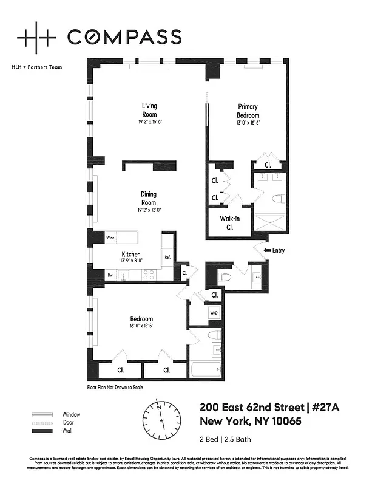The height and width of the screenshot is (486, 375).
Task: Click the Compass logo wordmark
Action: [x=124, y=36]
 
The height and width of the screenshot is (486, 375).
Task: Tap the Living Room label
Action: [x=149, y=109]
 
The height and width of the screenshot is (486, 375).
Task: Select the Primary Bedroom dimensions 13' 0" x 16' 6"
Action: [x=248, y=122]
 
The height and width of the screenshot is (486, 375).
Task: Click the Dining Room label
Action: [x=149, y=199]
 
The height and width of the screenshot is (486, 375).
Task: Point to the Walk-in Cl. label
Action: [x=230, y=223]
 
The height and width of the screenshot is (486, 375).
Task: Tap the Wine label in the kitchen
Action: [x=111, y=238]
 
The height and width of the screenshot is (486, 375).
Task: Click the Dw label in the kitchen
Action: [x=110, y=275]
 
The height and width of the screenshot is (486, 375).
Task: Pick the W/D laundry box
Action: [x=214, y=313]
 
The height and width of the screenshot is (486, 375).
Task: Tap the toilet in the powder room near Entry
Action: [x=225, y=278]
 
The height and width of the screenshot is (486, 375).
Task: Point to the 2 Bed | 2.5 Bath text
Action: [x=225, y=439]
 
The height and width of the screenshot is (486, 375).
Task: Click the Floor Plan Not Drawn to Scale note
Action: [x=115, y=386]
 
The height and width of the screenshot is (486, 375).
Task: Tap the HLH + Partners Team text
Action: [x=38, y=67]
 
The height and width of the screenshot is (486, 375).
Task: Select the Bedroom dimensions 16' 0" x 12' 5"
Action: [x=141, y=326]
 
